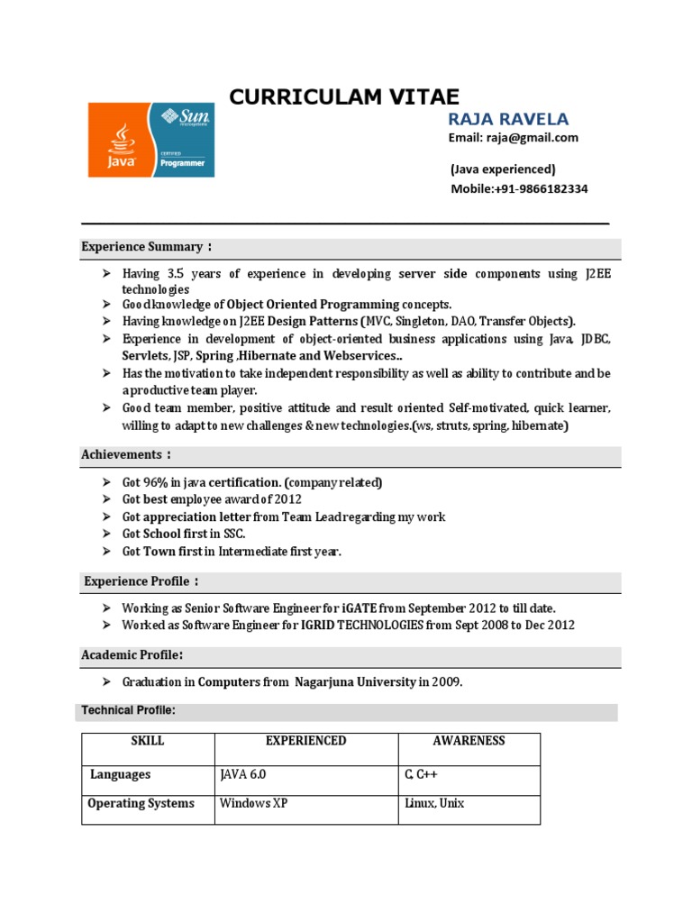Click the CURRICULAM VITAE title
[343, 96]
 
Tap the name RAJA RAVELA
[508, 120]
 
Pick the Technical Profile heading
[128, 711]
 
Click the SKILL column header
[148, 741]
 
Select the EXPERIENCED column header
[305, 741]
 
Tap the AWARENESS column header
[469, 741]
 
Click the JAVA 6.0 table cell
[243, 775]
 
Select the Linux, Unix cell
[435, 803]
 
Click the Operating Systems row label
[141, 803]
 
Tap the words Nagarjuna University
[355, 682]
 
